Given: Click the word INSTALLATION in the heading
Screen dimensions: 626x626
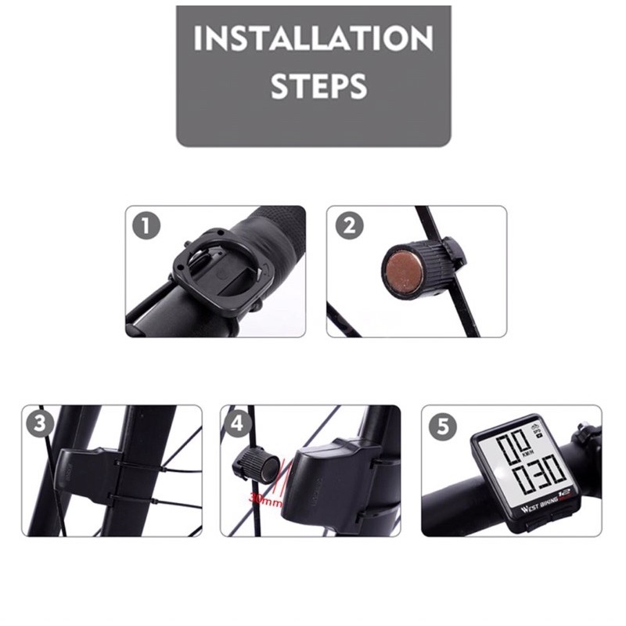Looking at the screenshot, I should tap(313, 38).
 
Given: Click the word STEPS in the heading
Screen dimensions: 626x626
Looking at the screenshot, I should tap(318, 86).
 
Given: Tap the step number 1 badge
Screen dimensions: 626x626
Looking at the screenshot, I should tap(146, 226).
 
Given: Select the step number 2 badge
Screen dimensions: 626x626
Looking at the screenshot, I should tap(349, 226).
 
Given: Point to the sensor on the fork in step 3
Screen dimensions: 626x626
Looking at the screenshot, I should tap(86, 477).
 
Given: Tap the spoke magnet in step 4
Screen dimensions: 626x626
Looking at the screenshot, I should tap(254, 467).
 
